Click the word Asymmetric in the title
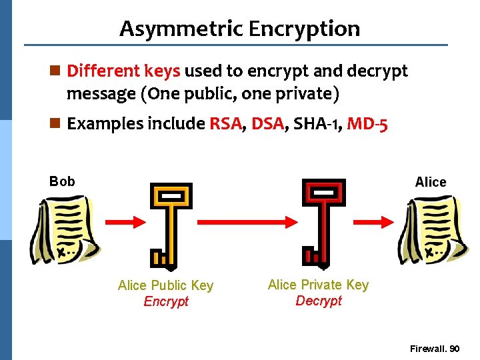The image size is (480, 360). (x=180, y=29)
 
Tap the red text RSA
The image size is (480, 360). (x=225, y=124)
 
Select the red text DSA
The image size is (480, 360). (x=267, y=124)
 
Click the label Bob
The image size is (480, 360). (x=62, y=181)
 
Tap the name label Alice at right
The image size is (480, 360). (x=430, y=182)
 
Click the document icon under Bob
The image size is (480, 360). (x=64, y=229)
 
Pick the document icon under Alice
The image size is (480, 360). (x=431, y=229)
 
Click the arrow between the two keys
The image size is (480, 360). (x=247, y=221)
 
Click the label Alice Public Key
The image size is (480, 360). (x=165, y=285)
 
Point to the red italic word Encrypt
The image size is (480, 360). (x=166, y=301)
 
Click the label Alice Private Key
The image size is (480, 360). (x=318, y=285)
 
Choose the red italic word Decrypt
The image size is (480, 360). (x=319, y=301)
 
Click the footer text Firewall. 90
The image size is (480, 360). (x=435, y=349)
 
